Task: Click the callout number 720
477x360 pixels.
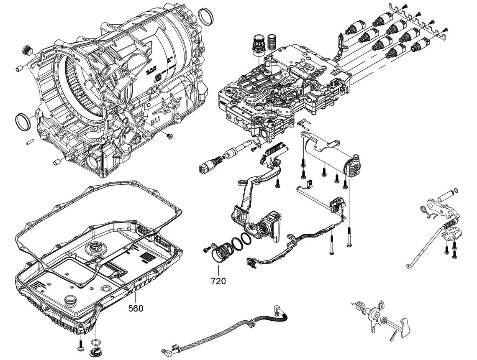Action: click(218, 281)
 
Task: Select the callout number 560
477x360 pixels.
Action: click(136, 308)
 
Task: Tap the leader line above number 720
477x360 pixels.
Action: click(218, 270)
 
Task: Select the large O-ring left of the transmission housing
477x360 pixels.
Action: click(23, 121)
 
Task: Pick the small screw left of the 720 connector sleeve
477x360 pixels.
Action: click(205, 250)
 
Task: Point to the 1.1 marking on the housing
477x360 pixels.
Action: click(155, 120)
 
